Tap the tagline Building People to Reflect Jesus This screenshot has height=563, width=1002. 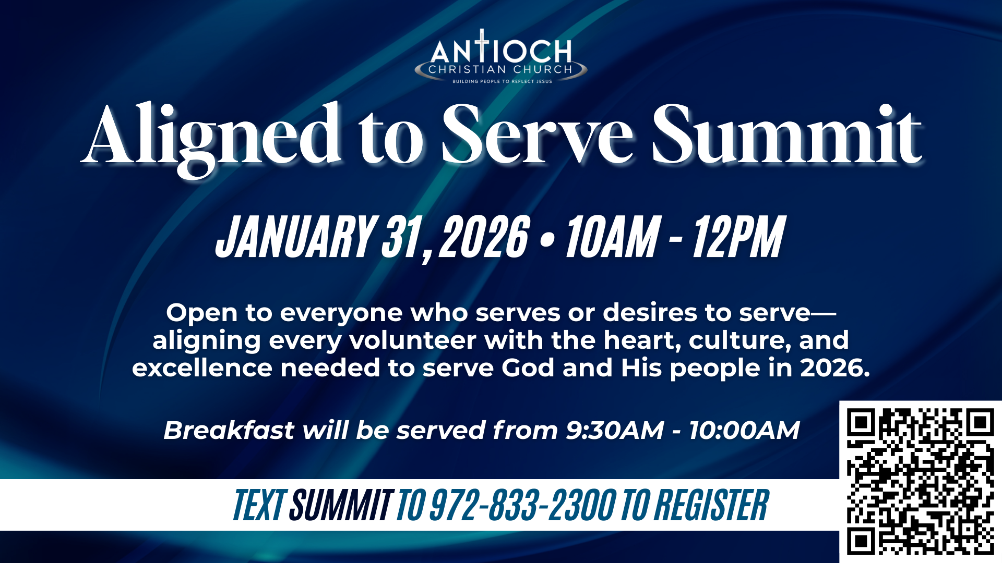pyautogui.click(x=502, y=81)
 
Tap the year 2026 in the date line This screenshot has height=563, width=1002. pyautogui.click(x=484, y=237)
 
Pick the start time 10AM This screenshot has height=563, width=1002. pyautogui.click(x=613, y=237)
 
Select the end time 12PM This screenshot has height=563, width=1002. pyautogui.click(x=738, y=237)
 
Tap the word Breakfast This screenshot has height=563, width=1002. pyautogui.click(x=229, y=431)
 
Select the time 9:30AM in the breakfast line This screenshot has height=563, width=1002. pyautogui.click(x=615, y=431)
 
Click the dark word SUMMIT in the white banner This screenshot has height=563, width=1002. pyautogui.click(x=342, y=505)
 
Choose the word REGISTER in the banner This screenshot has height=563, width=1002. pyautogui.click(x=712, y=505)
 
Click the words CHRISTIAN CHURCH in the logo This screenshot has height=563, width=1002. pyautogui.click(x=500, y=69)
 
